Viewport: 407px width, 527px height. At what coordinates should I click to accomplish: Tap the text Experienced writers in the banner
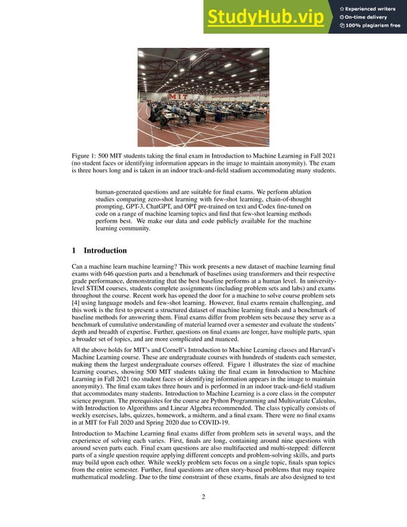(373, 8)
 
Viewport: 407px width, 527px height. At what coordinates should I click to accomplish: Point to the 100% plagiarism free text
(373, 26)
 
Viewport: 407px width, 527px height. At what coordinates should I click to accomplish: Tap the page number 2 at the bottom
(203, 498)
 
